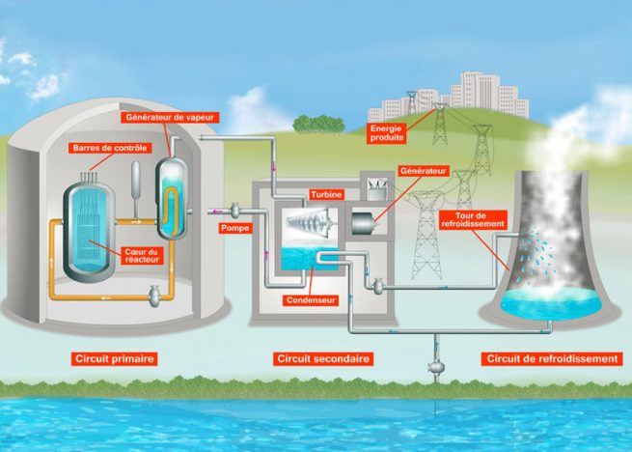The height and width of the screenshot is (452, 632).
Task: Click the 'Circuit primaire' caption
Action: coord(115,359)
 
